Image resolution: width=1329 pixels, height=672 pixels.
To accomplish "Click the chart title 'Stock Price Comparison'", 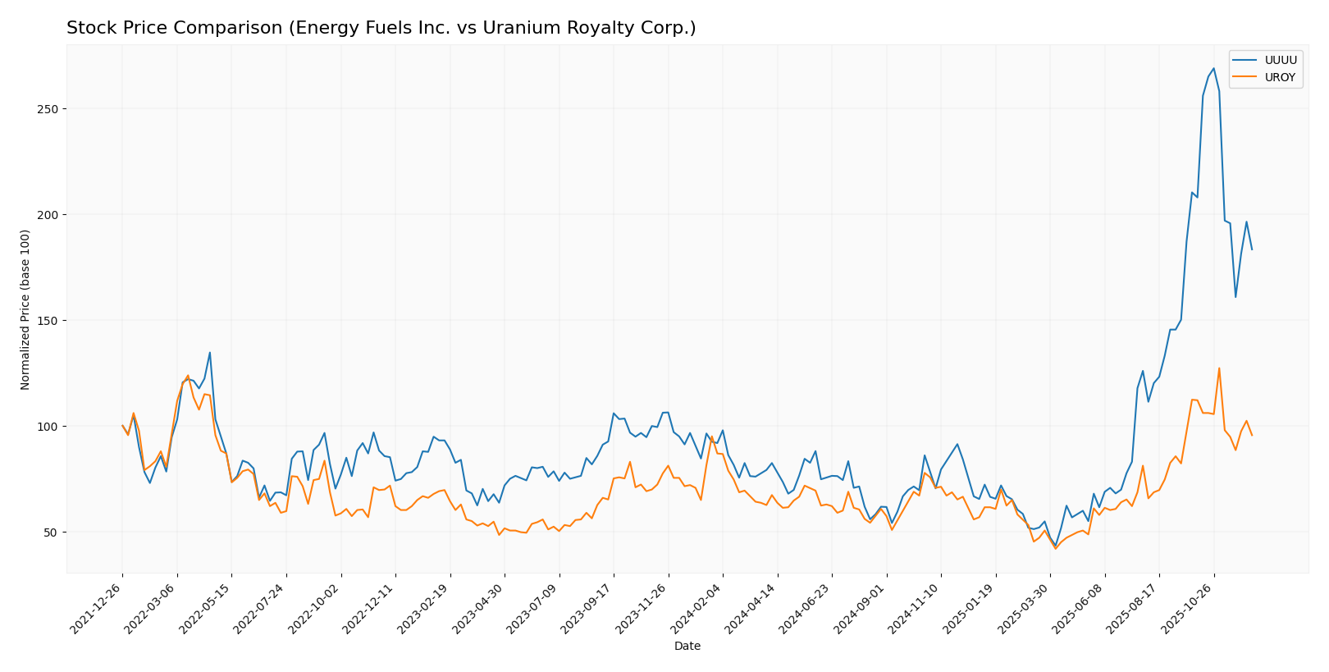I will (x=381, y=29).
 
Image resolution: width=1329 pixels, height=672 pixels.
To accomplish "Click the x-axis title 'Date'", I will (x=687, y=647).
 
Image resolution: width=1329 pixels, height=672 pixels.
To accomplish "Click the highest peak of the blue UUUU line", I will (x=1213, y=69).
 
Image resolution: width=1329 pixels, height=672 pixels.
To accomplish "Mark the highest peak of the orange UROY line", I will (x=1219, y=368).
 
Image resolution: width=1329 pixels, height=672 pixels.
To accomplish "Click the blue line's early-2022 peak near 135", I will (x=209, y=353).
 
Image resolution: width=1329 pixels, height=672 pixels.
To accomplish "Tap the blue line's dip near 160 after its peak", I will (x=1235, y=296).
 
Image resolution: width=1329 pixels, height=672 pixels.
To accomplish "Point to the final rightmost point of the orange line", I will (x=1252, y=435).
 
